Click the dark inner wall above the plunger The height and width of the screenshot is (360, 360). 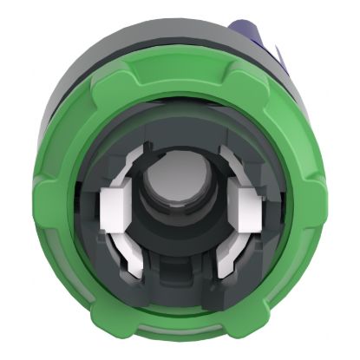coord(180,130)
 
